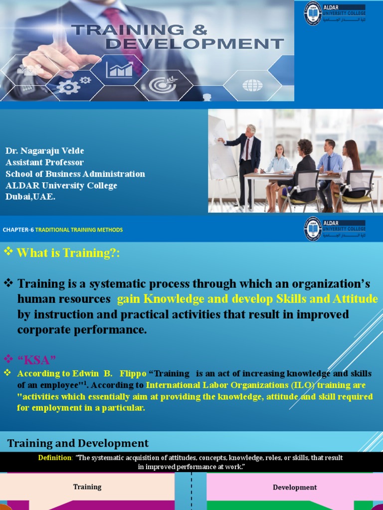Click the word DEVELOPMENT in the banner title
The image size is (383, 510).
click(x=195, y=44)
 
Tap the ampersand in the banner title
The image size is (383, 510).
click(x=198, y=30)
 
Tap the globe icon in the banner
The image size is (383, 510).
click(x=252, y=85)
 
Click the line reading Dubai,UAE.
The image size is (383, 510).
click(x=29, y=196)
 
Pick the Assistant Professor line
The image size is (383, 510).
click(x=44, y=162)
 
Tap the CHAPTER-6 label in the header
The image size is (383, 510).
click(x=18, y=230)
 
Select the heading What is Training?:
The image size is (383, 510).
click(x=68, y=253)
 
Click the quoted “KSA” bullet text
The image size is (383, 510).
click(x=36, y=359)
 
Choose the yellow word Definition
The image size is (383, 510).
click(x=55, y=458)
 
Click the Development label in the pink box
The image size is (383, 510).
click(x=295, y=488)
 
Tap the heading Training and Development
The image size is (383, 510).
click(x=78, y=443)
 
